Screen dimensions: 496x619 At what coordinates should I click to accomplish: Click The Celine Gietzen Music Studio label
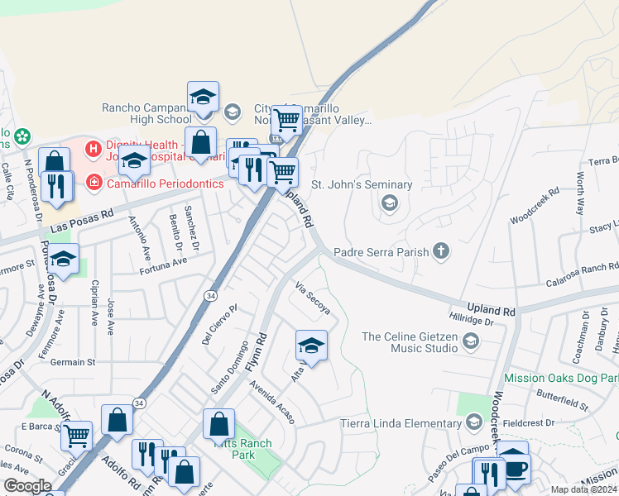pyautogui.click(x=410, y=342)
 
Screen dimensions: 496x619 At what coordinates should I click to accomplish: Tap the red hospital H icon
pyautogui.click(x=94, y=150)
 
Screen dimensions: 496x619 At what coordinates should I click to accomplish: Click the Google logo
pyautogui.click(x=27, y=486)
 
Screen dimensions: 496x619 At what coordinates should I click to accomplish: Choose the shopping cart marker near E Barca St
pyautogui.click(x=75, y=434)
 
